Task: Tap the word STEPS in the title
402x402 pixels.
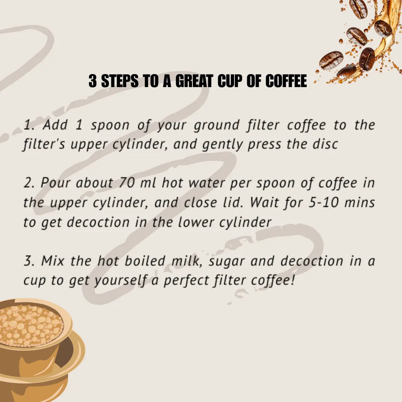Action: point(121,81)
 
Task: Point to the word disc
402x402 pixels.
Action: point(325,144)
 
